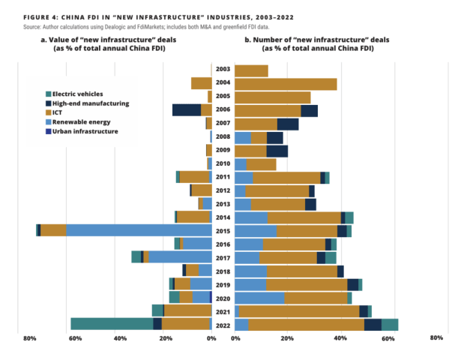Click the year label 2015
pyautogui.click(x=223, y=231)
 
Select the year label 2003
pyautogui.click(x=223, y=70)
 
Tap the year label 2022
pyautogui.click(x=223, y=324)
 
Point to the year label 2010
pyautogui.click(x=223, y=164)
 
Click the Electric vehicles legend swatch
pyautogui.click(x=49, y=94)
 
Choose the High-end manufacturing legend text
pyautogui.click(x=92, y=103)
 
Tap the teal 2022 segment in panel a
pyautogui.click(x=112, y=324)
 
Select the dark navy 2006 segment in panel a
pyautogui.click(x=187, y=110)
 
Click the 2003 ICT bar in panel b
pyautogui.click(x=251, y=70)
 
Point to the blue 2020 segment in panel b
pyautogui.click(x=259, y=298)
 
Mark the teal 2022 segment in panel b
pyautogui.click(x=390, y=324)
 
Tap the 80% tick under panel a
pyautogui.click(x=29, y=338)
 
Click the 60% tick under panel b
pyautogui.click(x=388, y=338)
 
